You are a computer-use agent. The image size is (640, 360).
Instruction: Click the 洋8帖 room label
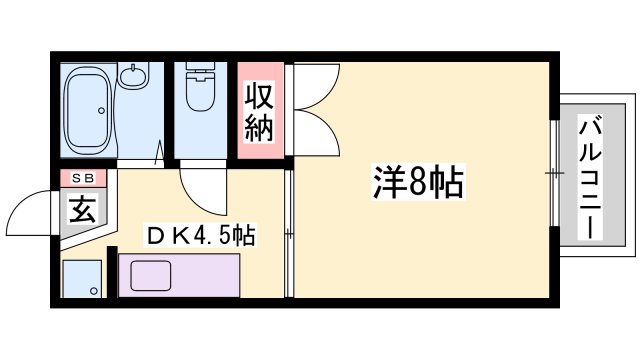point(418,183)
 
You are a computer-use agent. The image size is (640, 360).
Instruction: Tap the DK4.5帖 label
point(201,237)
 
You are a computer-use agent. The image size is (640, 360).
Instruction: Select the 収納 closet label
point(260,112)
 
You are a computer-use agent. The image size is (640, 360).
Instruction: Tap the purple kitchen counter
point(178,276)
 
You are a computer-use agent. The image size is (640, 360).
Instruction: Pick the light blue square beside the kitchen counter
point(82,279)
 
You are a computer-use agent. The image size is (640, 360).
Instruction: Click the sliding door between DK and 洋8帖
point(289,235)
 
